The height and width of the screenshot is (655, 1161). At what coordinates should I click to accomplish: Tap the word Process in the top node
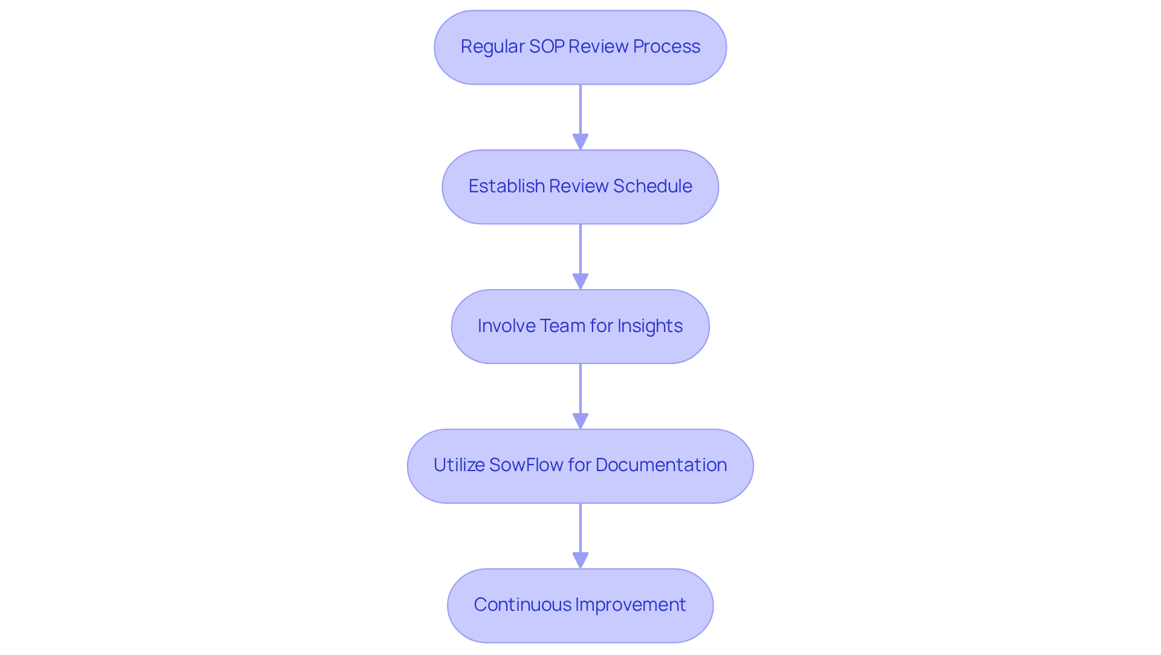pyautogui.click(x=666, y=47)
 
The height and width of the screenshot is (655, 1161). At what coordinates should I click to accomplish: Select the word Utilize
pyautogui.click(x=458, y=465)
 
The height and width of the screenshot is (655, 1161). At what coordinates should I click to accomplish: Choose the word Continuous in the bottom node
pyautogui.click(x=522, y=605)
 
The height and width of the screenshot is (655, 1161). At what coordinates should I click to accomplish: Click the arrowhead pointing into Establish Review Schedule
pyautogui.click(x=580, y=142)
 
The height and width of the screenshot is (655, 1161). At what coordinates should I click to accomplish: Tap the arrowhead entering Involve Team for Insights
pyautogui.click(x=580, y=282)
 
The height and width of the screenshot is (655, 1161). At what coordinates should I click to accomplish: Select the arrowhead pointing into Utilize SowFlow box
pyautogui.click(x=580, y=422)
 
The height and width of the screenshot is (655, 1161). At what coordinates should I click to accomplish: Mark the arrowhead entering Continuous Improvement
pyautogui.click(x=580, y=561)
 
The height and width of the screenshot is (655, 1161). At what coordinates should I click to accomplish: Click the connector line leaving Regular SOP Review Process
pyautogui.click(x=580, y=109)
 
